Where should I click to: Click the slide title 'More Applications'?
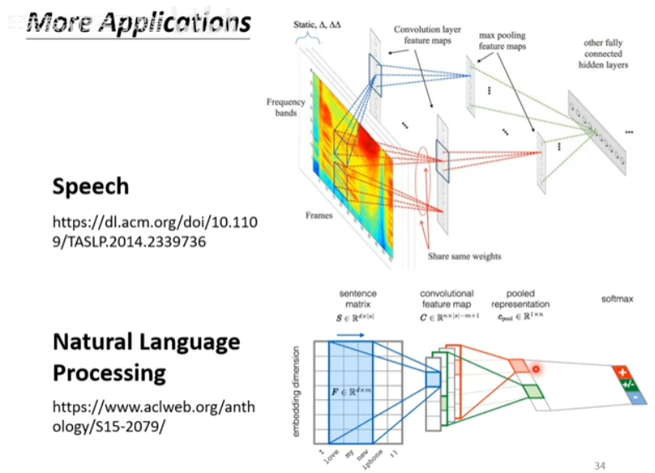[137, 22]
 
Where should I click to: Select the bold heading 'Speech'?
[91, 186]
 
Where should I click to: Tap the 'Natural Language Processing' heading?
[147, 357]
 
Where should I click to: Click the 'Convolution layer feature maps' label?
[422, 36]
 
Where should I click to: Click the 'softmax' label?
[617, 298]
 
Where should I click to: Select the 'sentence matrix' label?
[357, 300]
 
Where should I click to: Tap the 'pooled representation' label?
[520, 300]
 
